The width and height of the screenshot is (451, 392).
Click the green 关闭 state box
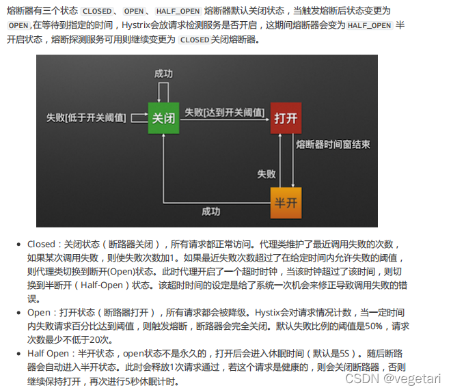click(x=163, y=117)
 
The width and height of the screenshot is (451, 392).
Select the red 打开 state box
click(x=286, y=117)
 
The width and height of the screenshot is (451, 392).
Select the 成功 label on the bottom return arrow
click(x=211, y=211)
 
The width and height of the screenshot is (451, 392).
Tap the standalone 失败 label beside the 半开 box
click(x=266, y=174)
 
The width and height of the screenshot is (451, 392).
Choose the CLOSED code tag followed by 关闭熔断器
click(x=194, y=40)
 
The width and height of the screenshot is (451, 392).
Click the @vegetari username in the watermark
click(x=412, y=378)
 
